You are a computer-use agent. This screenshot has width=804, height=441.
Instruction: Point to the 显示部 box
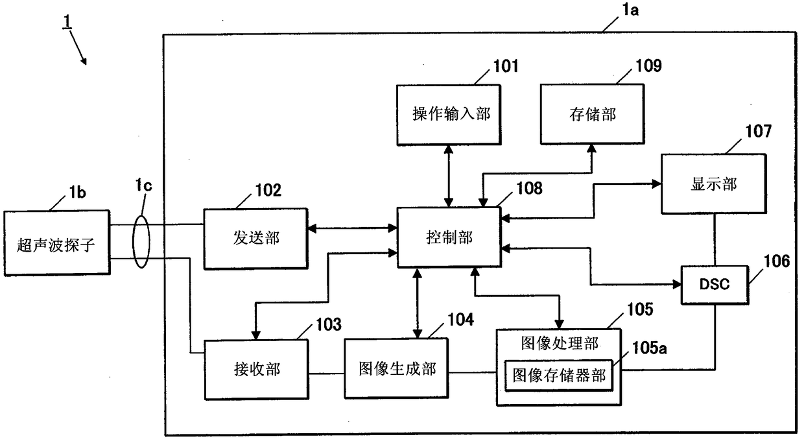(x=713, y=184)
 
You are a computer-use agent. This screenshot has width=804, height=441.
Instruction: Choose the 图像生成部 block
(x=396, y=368)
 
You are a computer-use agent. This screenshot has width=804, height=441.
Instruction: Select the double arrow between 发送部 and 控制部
(x=352, y=228)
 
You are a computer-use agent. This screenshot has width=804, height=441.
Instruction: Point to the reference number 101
(x=505, y=65)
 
